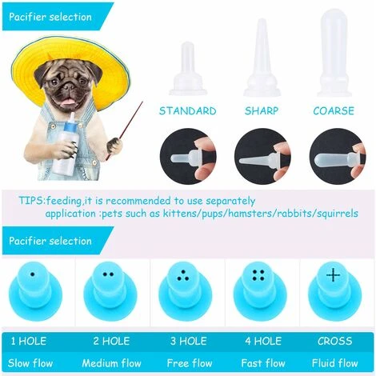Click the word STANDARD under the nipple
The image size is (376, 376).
click(188, 111)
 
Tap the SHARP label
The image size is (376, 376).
click(262, 111)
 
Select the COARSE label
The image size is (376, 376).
click(334, 111)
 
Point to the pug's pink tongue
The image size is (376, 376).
click(69, 102)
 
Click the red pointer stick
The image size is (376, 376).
click(125, 130)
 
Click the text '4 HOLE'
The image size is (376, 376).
click(263, 341)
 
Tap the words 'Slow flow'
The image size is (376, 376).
click(30, 363)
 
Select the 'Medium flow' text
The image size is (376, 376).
click(111, 363)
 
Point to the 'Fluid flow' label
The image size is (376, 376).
click(334, 363)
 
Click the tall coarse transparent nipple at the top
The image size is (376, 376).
click(334, 53)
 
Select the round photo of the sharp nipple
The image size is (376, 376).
click(262, 157)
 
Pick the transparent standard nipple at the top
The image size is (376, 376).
click(188, 69)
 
